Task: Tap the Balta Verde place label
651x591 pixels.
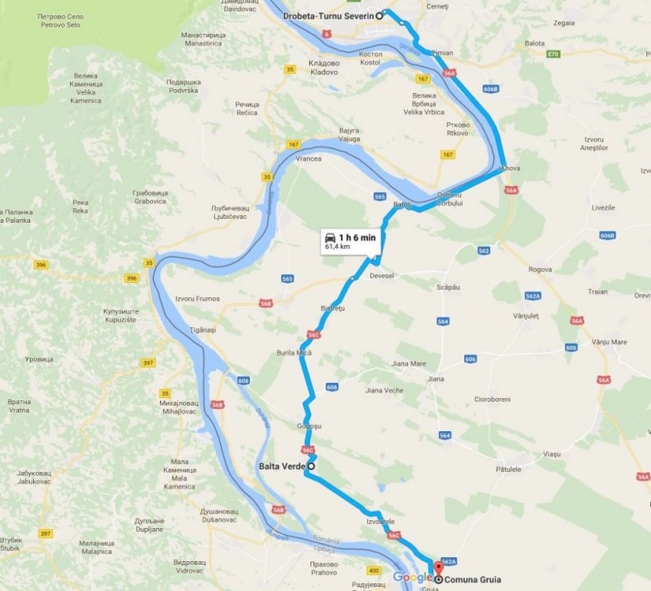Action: pyautogui.click(x=281, y=466)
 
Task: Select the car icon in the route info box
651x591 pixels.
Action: pyautogui.click(x=330, y=237)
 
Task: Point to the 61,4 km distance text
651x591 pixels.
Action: pyautogui.click(x=337, y=247)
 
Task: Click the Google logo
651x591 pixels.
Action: pyautogui.click(x=412, y=578)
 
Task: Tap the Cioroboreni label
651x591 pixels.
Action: pyautogui.click(x=494, y=398)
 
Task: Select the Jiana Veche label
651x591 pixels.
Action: pyautogui.click(x=384, y=391)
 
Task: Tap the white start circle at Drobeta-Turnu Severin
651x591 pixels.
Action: pyautogui.click(x=379, y=14)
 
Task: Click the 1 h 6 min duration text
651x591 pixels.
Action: pyautogui.click(x=357, y=237)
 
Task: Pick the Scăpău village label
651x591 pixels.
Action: pyautogui.click(x=448, y=288)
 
